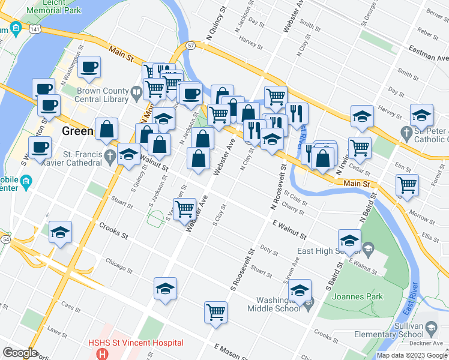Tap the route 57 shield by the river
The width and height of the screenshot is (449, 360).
click(190, 45)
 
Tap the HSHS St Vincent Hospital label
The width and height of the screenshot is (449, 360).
click(135, 343)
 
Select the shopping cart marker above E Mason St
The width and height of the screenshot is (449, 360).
click(215, 312)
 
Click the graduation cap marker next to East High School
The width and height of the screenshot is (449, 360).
click(349, 240)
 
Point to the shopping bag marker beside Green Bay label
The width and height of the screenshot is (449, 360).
click(106, 128)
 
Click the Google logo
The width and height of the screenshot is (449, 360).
click(20, 353)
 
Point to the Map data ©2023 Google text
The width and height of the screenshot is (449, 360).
click(411, 355)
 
